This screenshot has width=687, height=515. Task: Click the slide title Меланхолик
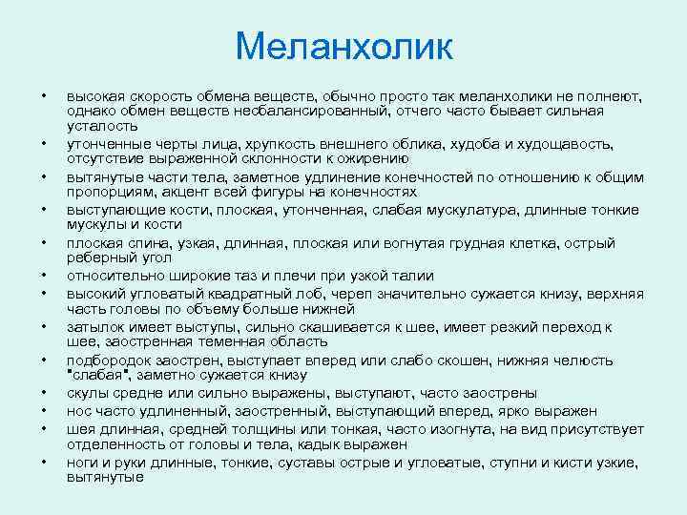pyautogui.click(x=343, y=47)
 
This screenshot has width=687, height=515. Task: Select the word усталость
pyautogui.click(x=102, y=126)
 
